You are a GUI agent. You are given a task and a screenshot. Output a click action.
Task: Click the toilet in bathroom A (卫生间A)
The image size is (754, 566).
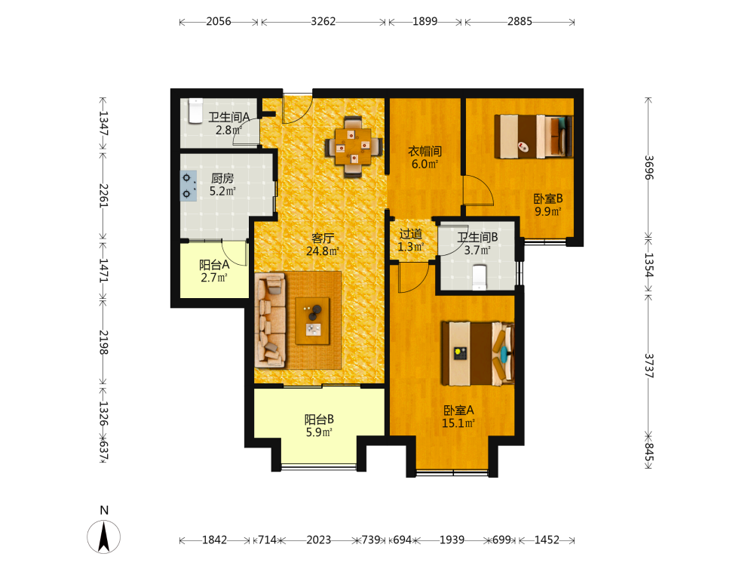click(x=196, y=111)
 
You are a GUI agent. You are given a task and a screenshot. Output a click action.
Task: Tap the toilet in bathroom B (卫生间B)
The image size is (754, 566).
click(x=480, y=277)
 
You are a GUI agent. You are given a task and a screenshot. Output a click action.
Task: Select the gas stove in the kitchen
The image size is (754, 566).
click(x=188, y=186)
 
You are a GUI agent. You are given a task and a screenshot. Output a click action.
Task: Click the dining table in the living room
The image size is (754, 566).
click(x=354, y=147)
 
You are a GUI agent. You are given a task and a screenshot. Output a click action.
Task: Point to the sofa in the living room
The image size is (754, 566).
click(x=270, y=321)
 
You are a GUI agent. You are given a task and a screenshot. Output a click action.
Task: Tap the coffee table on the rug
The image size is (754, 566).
click(x=313, y=321)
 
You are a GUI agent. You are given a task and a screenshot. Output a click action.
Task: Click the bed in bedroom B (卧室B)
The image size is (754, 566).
click(x=534, y=136)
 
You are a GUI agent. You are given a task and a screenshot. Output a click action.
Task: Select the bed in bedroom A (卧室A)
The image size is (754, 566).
click(x=478, y=354)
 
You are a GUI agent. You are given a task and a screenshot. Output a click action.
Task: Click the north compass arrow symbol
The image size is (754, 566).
click(x=104, y=537)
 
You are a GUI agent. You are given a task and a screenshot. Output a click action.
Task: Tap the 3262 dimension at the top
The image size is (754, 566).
click(x=323, y=22)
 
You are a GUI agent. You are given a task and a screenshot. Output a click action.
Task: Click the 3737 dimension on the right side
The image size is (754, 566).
click(x=648, y=366)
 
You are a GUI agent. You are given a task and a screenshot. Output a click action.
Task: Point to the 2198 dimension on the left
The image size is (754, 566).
click(x=103, y=342)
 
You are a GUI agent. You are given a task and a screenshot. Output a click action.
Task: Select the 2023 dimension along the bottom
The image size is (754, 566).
click(x=319, y=540)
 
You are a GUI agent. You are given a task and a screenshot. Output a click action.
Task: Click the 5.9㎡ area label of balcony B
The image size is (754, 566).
click(x=319, y=432)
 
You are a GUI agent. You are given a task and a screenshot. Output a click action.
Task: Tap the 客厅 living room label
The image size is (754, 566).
click(x=323, y=238)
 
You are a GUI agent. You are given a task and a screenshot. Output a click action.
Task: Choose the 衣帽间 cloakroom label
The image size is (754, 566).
click(x=425, y=151)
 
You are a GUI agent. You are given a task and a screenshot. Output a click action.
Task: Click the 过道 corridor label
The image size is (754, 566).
click(x=411, y=235)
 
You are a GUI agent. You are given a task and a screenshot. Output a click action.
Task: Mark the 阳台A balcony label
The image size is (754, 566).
click(x=214, y=265)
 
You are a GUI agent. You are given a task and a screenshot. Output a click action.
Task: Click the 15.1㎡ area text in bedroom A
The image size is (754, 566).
click(x=458, y=423)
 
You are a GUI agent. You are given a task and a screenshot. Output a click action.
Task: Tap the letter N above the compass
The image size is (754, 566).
click(x=104, y=510)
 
